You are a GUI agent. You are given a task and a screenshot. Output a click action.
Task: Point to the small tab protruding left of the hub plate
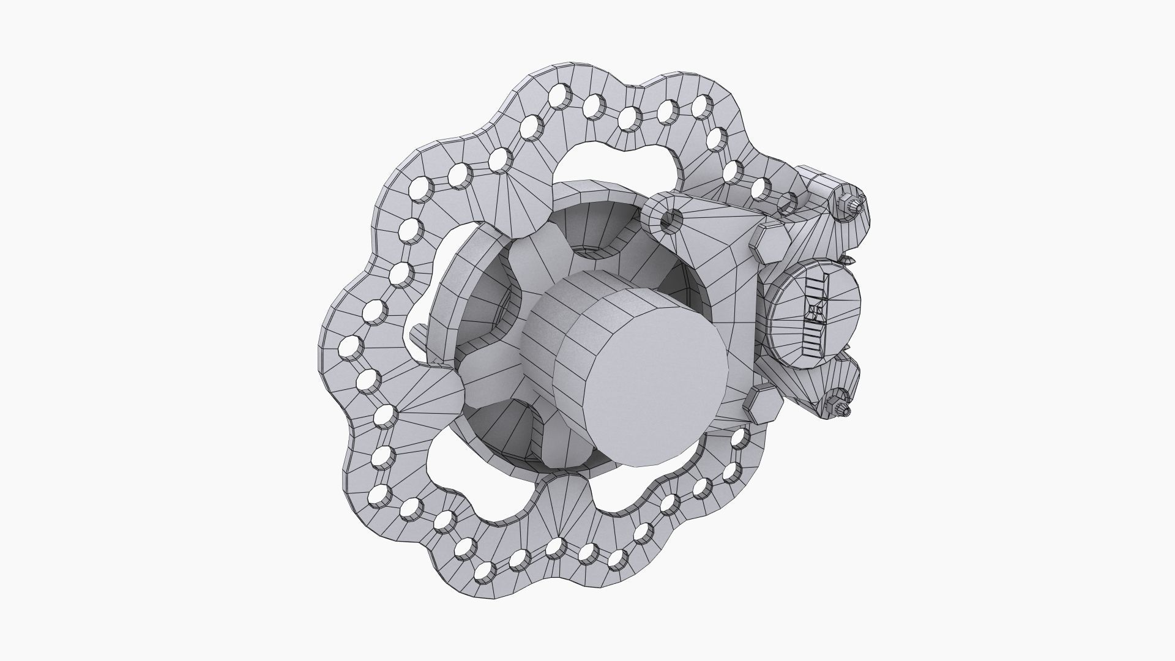(417, 334)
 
